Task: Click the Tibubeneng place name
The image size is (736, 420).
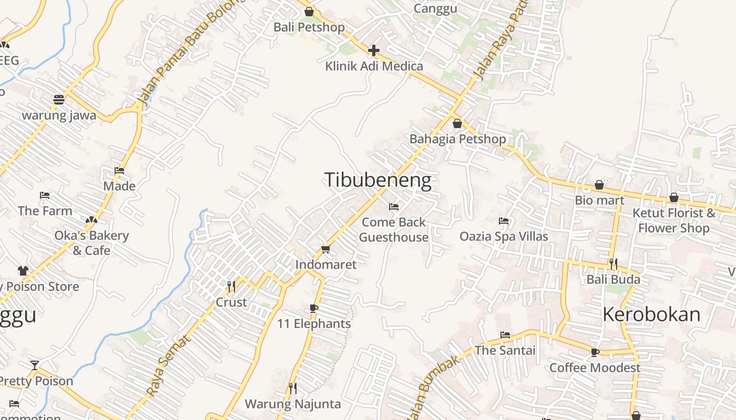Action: (377, 180)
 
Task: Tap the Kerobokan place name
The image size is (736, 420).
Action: (651, 314)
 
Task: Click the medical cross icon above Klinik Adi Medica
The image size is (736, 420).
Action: (374, 50)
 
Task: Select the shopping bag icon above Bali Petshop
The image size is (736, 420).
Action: (309, 12)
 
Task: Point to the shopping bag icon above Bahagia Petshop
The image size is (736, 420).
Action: (457, 123)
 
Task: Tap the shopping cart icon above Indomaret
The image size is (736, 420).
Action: (325, 249)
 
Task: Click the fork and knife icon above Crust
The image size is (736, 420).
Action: (231, 286)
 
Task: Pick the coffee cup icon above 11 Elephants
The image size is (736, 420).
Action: (314, 308)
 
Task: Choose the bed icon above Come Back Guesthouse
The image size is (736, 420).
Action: (394, 206)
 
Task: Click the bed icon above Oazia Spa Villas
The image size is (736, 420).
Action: (504, 221)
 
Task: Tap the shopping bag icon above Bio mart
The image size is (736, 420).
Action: (599, 185)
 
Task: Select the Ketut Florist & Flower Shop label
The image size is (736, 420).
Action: (674, 220)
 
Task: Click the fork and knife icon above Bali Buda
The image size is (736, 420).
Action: (613, 264)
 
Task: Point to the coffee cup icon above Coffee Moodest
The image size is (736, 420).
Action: (595, 352)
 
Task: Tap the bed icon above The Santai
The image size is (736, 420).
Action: (505, 334)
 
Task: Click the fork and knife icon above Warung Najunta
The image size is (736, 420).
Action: (293, 388)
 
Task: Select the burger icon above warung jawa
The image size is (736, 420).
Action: (59, 99)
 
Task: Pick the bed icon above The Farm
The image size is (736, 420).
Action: (45, 195)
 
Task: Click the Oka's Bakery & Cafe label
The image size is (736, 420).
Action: (91, 243)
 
